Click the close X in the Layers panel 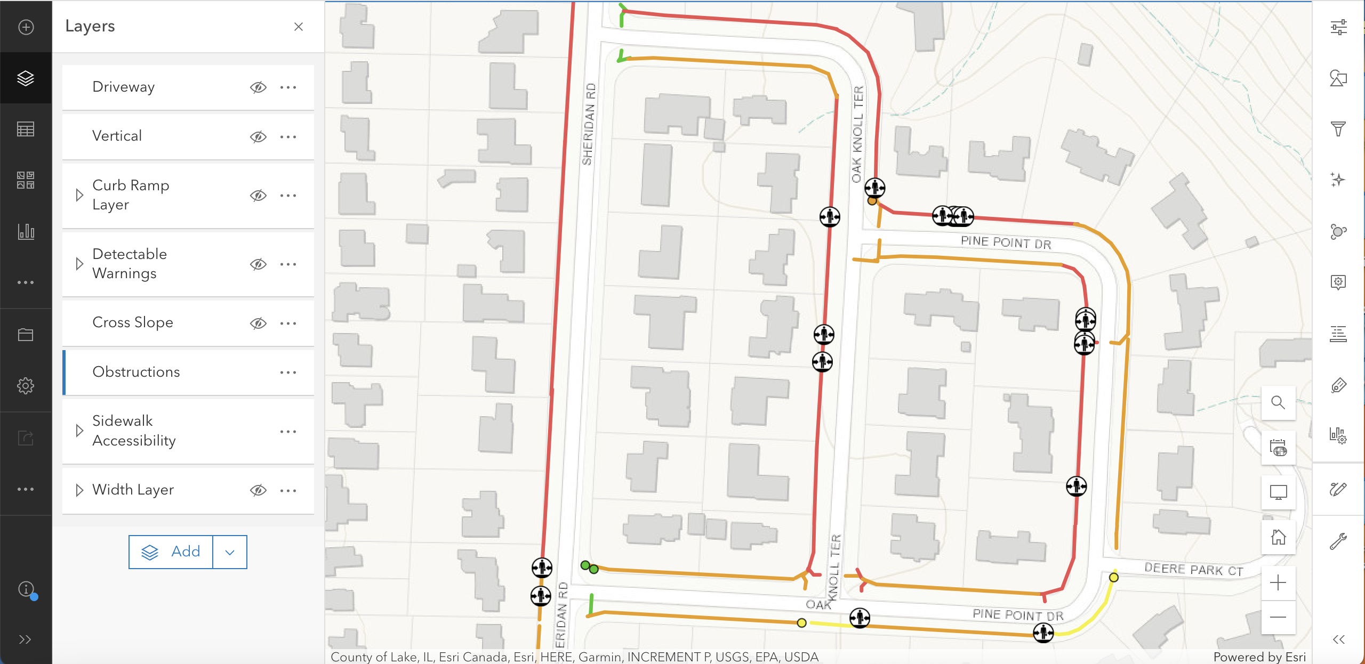pyautogui.click(x=299, y=27)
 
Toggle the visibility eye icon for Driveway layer pyautogui.click(x=258, y=87)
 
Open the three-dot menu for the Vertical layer pyautogui.click(x=288, y=137)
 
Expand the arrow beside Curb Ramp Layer pyautogui.click(x=79, y=195)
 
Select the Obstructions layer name pyautogui.click(x=136, y=372)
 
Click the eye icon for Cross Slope pyautogui.click(x=258, y=323)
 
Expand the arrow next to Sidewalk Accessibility pyautogui.click(x=79, y=431)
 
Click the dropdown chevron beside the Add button pyautogui.click(x=230, y=552)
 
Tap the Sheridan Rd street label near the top pyautogui.click(x=589, y=124)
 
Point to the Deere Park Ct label pyautogui.click(x=1194, y=570)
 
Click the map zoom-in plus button pyautogui.click(x=1278, y=582)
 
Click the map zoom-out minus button pyautogui.click(x=1278, y=617)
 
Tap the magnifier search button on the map pyautogui.click(x=1278, y=402)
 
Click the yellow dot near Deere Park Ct pyautogui.click(x=1114, y=577)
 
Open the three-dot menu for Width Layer pyautogui.click(x=288, y=490)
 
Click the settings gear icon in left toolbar pyautogui.click(x=26, y=386)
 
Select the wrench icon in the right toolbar pyautogui.click(x=1338, y=541)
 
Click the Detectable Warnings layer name pyautogui.click(x=130, y=264)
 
